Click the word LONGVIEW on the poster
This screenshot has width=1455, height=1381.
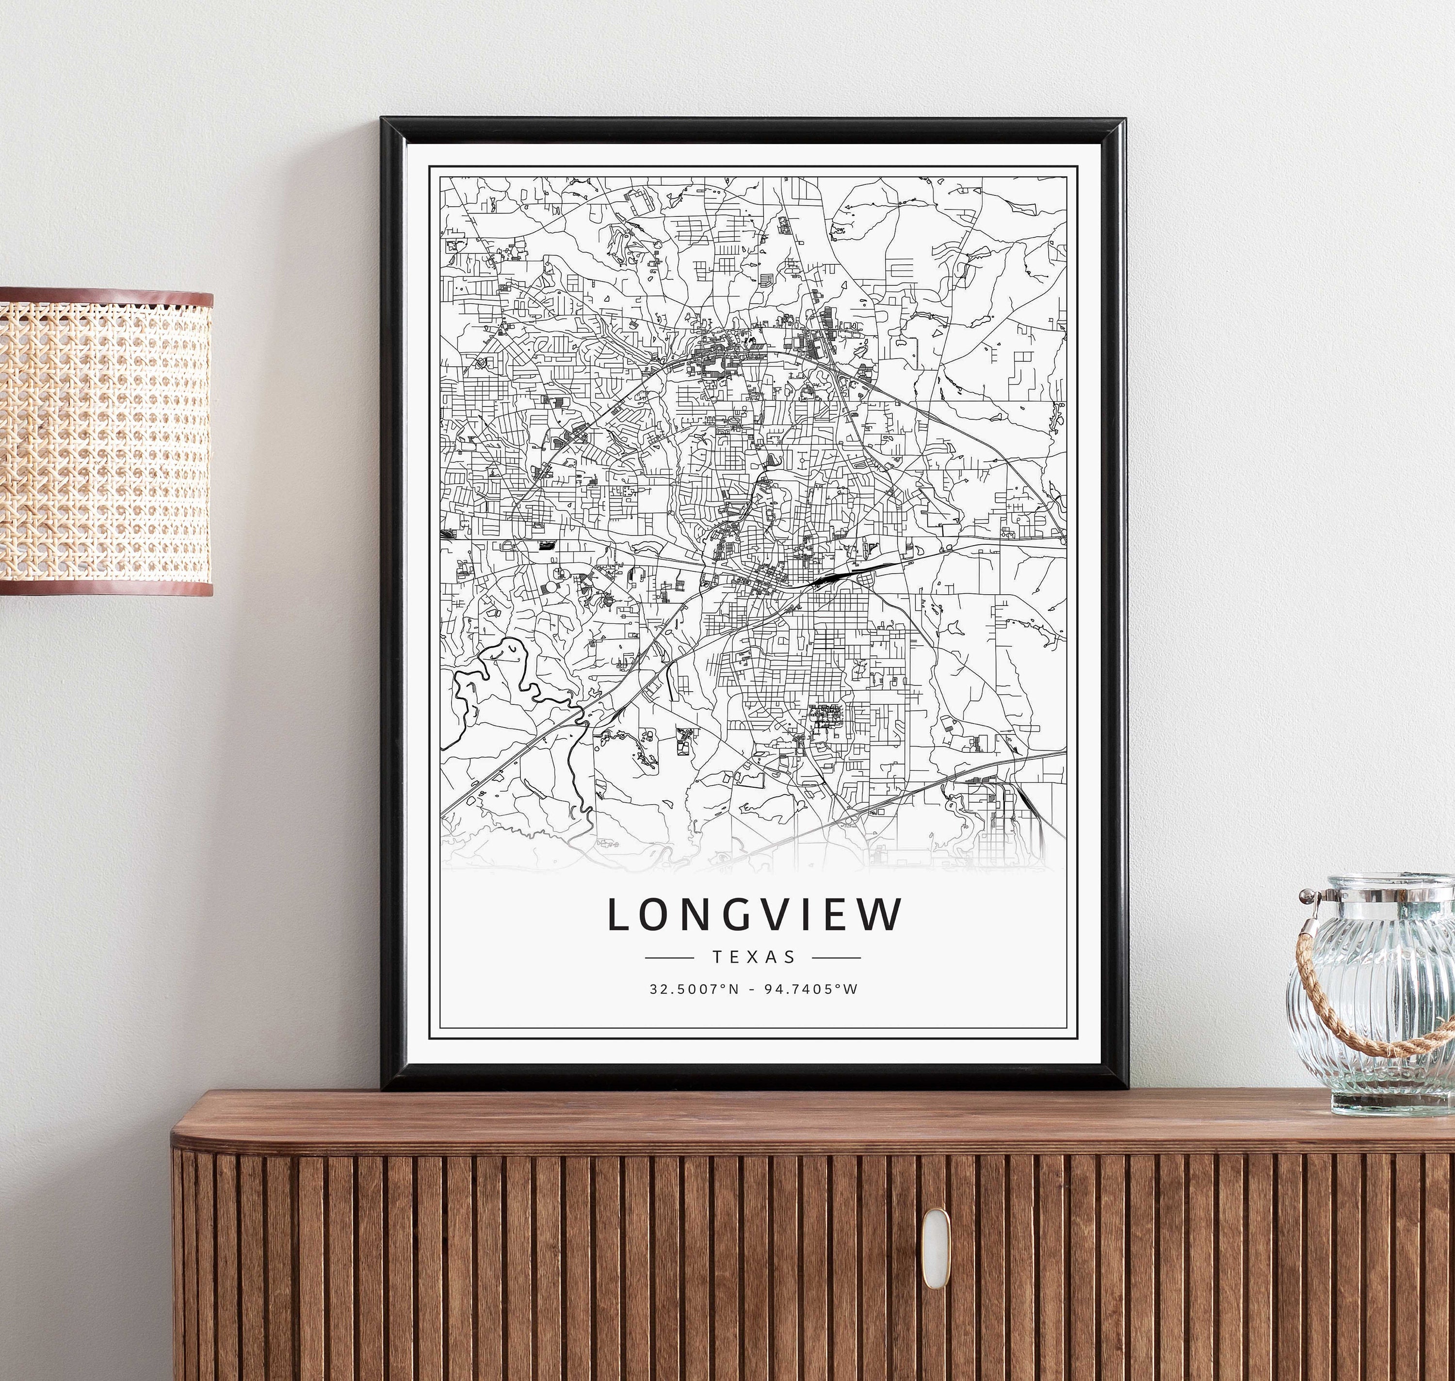pos(754,914)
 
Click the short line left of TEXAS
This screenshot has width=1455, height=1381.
pos(669,958)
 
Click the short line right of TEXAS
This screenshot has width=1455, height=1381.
pos(836,958)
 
